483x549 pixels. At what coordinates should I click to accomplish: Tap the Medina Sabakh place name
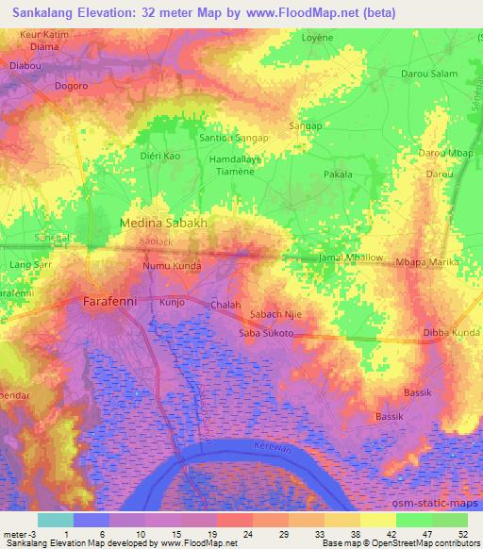tap(163, 224)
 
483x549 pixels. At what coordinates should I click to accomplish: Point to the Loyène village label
tap(317, 40)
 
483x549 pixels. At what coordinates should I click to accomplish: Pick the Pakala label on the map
tap(338, 175)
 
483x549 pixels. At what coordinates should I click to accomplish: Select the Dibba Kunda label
tap(452, 333)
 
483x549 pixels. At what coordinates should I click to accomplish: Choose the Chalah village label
tap(226, 306)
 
